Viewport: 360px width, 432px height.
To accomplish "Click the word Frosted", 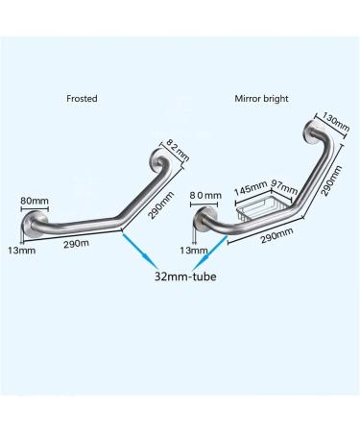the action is (81, 97).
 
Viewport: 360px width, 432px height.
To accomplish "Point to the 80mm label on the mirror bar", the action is (204, 196).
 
